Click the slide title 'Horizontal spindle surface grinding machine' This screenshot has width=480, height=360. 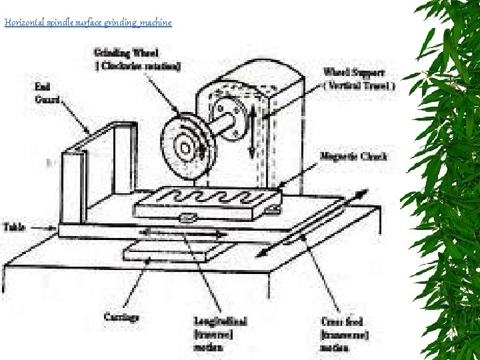point(88,23)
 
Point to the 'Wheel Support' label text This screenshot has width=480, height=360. point(354,72)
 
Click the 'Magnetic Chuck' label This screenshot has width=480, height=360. point(353,156)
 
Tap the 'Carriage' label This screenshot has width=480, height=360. point(121,317)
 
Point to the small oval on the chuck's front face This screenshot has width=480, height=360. point(188,217)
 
